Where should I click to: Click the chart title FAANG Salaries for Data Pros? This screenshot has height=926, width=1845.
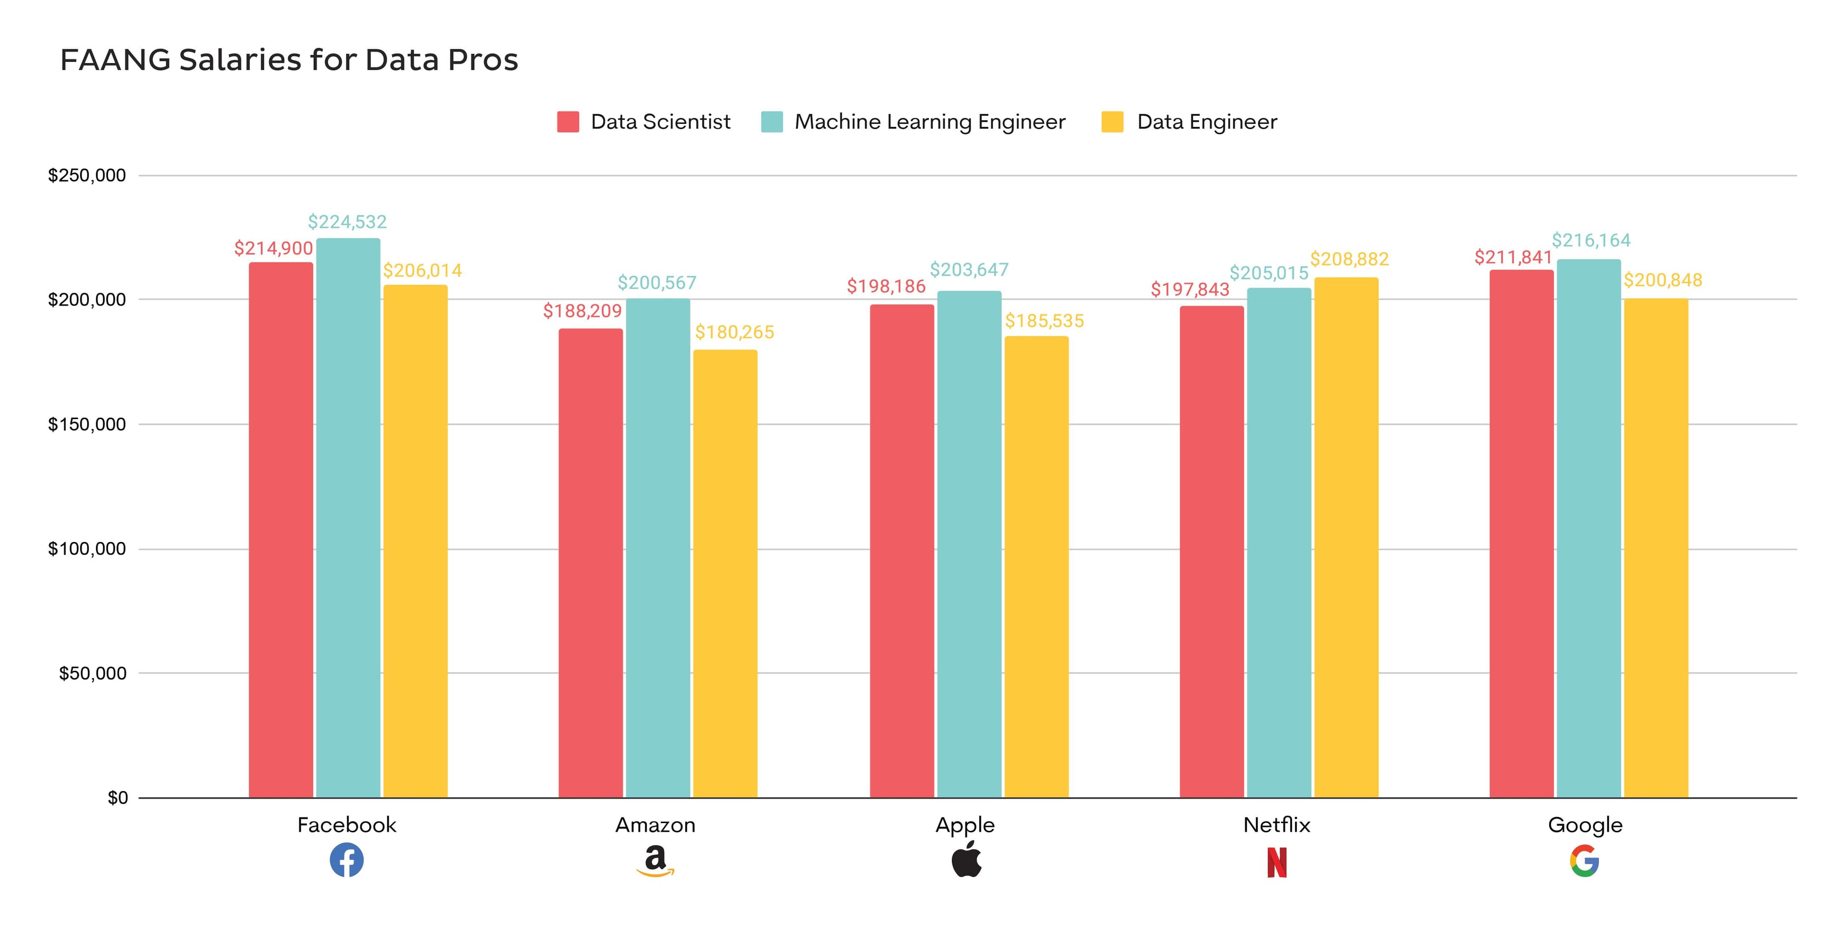(x=289, y=60)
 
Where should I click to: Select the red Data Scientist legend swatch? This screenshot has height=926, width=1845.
(x=567, y=122)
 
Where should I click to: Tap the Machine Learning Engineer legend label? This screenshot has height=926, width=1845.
(x=930, y=122)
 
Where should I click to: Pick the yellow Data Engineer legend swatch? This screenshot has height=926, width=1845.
(x=1112, y=122)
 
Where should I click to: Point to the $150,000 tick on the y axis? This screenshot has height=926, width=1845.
(x=86, y=424)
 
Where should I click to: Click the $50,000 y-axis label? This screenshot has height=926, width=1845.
(x=92, y=673)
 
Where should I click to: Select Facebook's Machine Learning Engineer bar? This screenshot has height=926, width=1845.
(x=348, y=516)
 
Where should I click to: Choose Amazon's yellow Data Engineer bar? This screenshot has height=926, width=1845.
(x=725, y=573)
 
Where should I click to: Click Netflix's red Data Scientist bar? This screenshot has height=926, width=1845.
(x=1212, y=552)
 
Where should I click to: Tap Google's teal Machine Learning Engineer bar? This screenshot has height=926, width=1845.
(x=1588, y=530)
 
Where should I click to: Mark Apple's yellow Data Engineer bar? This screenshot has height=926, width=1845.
(x=1036, y=566)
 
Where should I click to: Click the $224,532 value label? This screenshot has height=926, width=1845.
(x=347, y=222)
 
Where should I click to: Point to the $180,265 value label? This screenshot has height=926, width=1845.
(x=734, y=333)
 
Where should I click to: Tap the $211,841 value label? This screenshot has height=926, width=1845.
(x=1513, y=257)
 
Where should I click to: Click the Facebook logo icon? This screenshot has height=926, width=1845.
(x=346, y=860)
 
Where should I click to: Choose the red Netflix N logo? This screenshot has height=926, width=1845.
(x=1276, y=862)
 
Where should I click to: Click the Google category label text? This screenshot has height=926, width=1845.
(x=1585, y=825)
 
